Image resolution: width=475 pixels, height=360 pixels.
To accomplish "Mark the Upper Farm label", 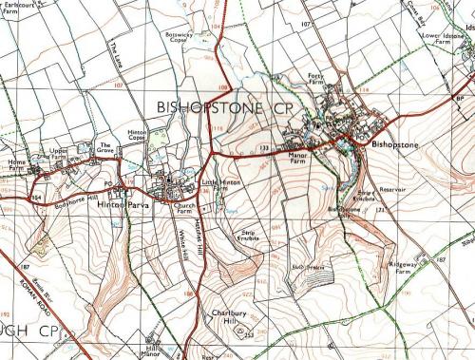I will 59,154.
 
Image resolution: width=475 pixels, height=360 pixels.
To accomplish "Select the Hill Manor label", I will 150,351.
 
